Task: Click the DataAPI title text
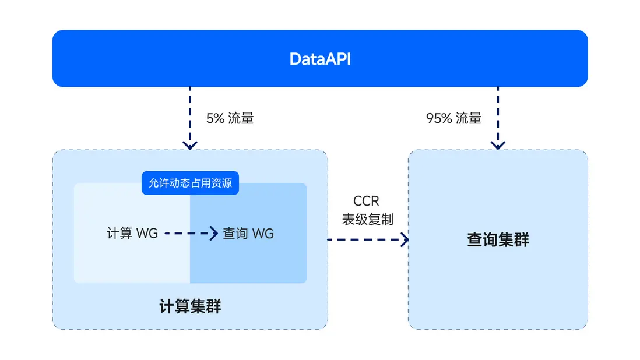coord(320,59)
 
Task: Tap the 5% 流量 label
coord(230,118)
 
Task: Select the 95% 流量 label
coord(453,118)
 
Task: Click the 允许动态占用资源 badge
coord(190,183)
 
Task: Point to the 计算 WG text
coord(132,234)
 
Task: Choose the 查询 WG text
coord(248,234)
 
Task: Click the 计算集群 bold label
coord(190,307)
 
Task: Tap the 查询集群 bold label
coord(498,240)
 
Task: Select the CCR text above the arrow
coord(366,202)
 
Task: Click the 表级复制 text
coord(367,220)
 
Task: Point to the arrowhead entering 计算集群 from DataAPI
coord(189,144)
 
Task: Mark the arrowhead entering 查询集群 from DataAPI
coord(498,144)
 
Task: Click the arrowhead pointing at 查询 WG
coord(213,234)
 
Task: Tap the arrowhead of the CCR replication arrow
coord(404,239)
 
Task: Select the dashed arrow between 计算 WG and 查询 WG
coord(187,234)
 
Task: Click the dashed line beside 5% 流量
coord(189,114)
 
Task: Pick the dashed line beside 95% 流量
coord(498,114)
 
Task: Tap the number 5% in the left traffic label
coord(214,118)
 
